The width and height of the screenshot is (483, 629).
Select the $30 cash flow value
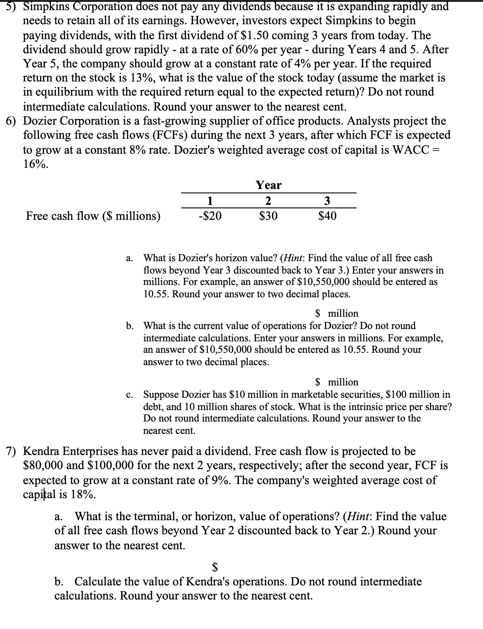(x=268, y=216)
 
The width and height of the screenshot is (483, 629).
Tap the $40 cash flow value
(x=327, y=216)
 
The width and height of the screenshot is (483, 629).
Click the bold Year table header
(x=268, y=185)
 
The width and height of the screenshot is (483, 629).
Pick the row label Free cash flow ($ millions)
(x=93, y=216)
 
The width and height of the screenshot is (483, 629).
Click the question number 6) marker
(x=12, y=121)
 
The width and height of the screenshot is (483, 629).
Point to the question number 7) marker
(x=12, y=451)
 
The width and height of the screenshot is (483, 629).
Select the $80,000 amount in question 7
(x=43, y=466)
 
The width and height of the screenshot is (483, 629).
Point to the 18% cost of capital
(x=81, y=494)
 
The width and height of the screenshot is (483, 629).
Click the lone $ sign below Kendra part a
(x=215, y=566)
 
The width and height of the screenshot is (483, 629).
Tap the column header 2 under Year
(x=268, y=200)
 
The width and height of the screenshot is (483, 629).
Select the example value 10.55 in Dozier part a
(x=156, y=294)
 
